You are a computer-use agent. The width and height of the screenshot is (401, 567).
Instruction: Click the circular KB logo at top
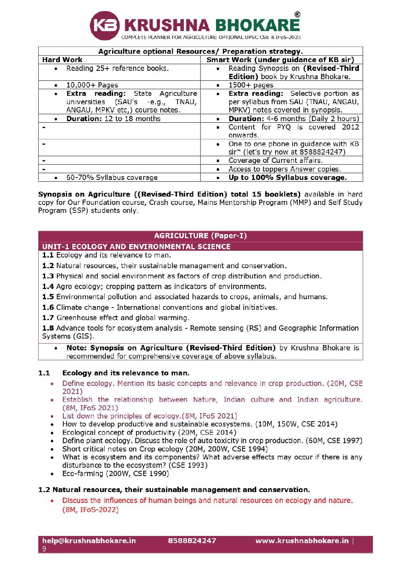104,25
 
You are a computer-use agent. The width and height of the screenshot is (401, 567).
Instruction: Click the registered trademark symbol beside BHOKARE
297,15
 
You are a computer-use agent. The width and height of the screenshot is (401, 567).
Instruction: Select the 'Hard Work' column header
63,60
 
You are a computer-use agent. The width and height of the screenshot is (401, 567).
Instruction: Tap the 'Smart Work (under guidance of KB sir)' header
280,60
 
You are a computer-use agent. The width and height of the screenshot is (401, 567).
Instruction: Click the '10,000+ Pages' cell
92,85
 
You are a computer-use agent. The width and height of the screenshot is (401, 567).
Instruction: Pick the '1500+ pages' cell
251,85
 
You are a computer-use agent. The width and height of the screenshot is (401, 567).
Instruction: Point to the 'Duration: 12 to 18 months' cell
113,119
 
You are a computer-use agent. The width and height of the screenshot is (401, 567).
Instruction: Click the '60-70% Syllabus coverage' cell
112,177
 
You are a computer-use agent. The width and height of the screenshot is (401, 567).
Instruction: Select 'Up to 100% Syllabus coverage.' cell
287,177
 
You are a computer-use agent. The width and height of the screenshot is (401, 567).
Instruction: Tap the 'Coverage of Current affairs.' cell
276,160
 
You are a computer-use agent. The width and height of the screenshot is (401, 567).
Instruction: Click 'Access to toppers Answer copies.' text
285,169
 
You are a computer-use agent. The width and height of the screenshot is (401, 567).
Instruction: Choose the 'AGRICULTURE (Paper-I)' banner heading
200,236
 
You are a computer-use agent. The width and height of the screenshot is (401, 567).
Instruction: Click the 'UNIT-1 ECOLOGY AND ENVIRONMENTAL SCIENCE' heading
136,247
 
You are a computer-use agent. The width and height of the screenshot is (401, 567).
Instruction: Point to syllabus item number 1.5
48,297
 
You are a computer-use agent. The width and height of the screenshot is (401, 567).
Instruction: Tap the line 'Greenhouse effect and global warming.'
122,318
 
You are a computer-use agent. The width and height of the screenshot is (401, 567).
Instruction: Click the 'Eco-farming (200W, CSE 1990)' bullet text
116,473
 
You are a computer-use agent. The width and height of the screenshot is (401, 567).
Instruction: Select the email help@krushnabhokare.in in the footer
89,540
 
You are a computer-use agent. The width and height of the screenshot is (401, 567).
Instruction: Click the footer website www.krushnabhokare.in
302,540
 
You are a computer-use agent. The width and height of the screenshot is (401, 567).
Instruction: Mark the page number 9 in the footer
44,549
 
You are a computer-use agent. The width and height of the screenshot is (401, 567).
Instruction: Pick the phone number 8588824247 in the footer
192,540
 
